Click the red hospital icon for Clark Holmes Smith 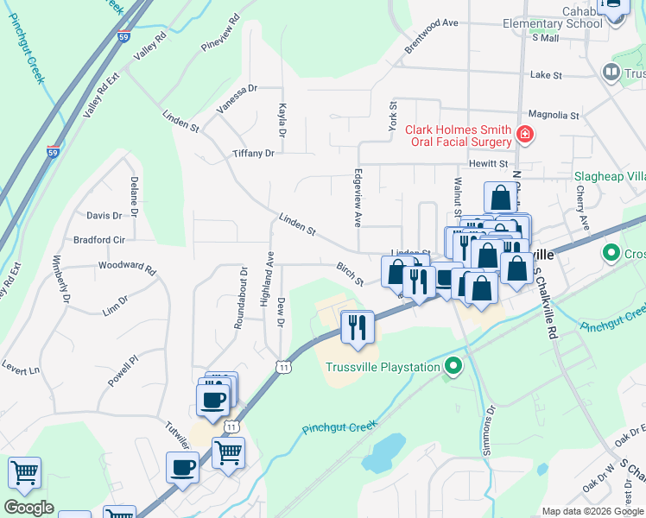click(524, 135)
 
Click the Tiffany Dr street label click(253, 153)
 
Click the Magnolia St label click(553, 115)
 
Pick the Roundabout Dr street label click(244, 297)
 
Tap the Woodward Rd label click(126, 268)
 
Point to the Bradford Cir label click(99, 239)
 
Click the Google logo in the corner click(29, 507)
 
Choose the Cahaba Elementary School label click(553, 16)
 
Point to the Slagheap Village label click(610, 176)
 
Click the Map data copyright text click(592, 511)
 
